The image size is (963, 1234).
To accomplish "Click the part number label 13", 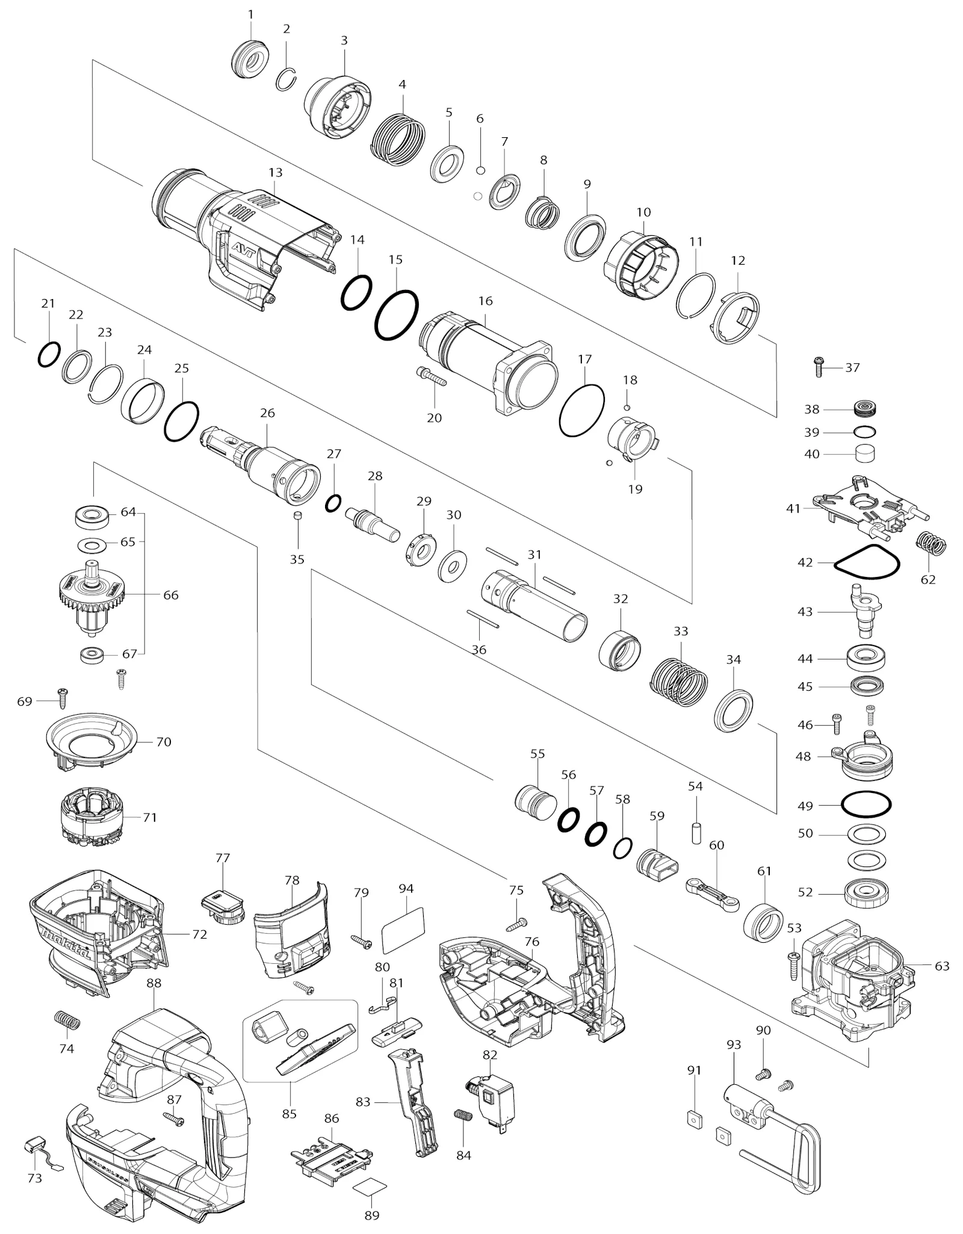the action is coord(275,172).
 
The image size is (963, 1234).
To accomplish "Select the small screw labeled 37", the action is coord(819,366).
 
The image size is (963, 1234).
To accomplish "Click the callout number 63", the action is coord(942,966).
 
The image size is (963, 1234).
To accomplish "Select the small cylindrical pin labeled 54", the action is coord(696,833).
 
